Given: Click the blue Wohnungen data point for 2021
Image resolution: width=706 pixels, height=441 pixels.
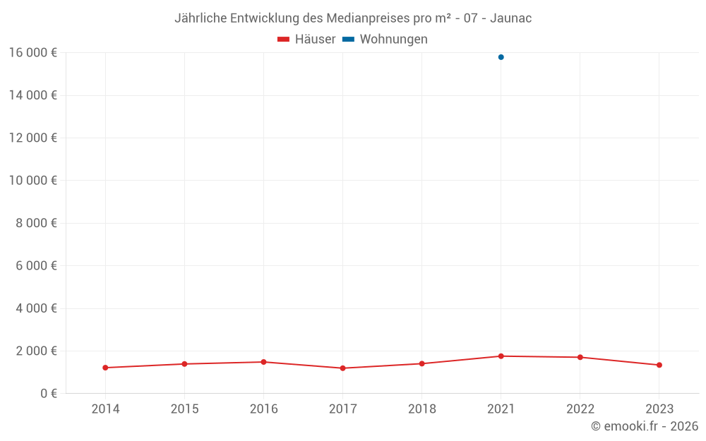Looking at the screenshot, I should coord(501,57).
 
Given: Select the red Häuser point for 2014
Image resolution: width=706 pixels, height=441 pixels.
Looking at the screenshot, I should coord(105,368).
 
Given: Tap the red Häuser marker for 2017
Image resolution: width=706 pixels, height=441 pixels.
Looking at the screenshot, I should coord(342,368).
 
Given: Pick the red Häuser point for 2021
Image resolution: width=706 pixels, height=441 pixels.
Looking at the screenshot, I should coord(501,356).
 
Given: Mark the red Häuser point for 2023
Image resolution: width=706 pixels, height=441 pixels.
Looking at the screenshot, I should coord(659,365).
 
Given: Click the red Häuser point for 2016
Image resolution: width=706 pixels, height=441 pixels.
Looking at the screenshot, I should coord(263,362).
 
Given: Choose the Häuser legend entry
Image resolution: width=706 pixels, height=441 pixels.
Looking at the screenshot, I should coord(306,40).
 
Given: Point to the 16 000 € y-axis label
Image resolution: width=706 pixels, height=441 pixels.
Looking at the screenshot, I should coord(32,53).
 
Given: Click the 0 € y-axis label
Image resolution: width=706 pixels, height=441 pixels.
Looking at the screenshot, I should coord(48,394).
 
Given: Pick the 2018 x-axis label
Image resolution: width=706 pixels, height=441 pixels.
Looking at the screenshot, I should coord(421,409).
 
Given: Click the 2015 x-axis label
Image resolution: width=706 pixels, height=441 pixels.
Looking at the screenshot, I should coord(184,409).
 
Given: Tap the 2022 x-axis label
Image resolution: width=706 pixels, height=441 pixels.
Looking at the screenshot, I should coord(580,409).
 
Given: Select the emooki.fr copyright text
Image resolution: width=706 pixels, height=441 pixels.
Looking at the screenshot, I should coord(644,426).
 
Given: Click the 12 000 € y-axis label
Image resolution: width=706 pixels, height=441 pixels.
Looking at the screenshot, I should coord(32,138).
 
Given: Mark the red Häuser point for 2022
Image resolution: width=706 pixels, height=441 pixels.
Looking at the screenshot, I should coord(580,357).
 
